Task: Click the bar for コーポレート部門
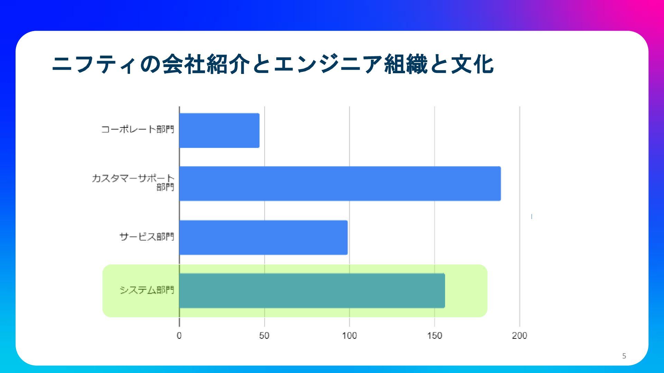219,131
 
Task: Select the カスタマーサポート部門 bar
340,183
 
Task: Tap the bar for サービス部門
264,238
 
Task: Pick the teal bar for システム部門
312,291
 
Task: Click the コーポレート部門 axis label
138,130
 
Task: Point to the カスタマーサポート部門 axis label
133,182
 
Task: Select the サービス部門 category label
147,237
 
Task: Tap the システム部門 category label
147,290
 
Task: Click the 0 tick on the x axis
179,336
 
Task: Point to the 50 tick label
264,336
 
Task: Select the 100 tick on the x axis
349,336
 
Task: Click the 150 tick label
435,336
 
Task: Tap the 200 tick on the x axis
519,336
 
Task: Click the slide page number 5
624,356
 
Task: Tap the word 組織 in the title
406,64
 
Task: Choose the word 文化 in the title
472,64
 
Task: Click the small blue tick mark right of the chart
532,217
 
